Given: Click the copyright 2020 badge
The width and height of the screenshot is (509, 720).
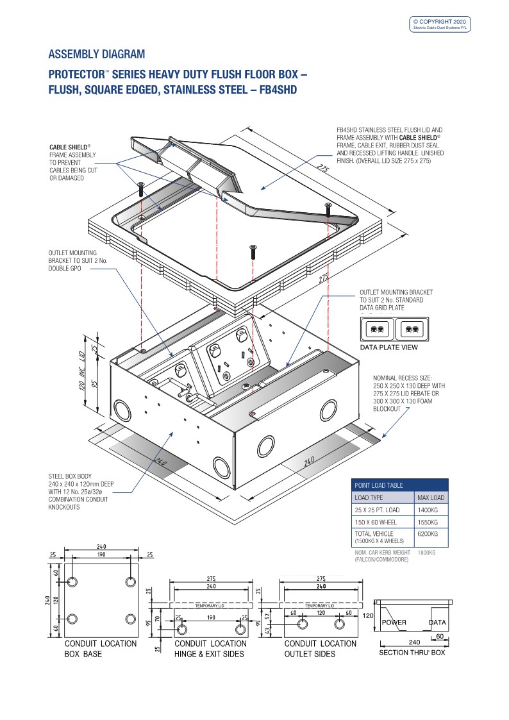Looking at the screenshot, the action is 440,24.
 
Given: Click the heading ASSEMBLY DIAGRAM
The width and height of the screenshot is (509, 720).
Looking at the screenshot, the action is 96,54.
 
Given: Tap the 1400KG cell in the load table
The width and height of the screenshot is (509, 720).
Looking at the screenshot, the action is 428,510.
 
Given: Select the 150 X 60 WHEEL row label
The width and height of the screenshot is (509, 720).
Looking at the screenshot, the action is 376,522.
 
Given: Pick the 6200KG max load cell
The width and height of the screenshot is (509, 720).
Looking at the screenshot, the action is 428,533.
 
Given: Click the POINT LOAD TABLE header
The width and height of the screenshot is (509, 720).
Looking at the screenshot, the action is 379,485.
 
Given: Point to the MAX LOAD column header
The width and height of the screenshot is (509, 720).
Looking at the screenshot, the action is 431,498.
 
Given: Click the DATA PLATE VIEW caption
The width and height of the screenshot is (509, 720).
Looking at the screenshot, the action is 388,347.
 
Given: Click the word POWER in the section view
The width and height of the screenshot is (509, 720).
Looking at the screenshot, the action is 394,623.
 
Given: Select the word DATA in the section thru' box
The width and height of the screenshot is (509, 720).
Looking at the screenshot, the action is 437,623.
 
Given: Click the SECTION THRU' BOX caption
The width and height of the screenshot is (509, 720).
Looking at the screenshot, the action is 412,653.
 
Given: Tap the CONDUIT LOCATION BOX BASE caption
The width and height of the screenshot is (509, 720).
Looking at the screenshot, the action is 101,649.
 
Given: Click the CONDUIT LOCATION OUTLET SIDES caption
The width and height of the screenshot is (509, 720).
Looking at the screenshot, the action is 321,649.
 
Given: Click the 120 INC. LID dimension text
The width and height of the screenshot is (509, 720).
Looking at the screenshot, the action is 83,371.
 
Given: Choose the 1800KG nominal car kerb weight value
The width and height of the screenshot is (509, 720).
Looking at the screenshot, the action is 426,553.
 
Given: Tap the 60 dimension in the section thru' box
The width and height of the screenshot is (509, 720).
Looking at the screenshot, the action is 440,636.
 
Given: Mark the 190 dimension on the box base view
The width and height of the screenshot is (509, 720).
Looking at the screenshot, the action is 101,554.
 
